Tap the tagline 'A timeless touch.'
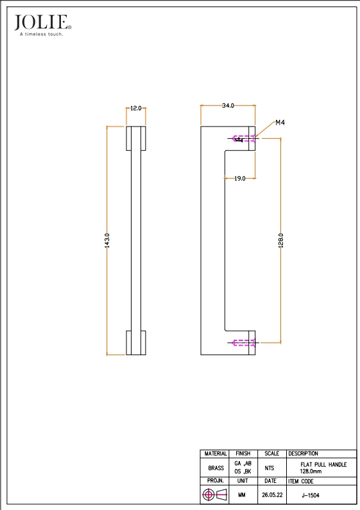click(41, 34)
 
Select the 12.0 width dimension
click(136, 109)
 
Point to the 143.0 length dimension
click(107, 240)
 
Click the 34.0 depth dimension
click(228, 106)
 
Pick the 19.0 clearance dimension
click(240, 178)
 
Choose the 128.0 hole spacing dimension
click(281, 240)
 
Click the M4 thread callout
click(280, 123)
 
